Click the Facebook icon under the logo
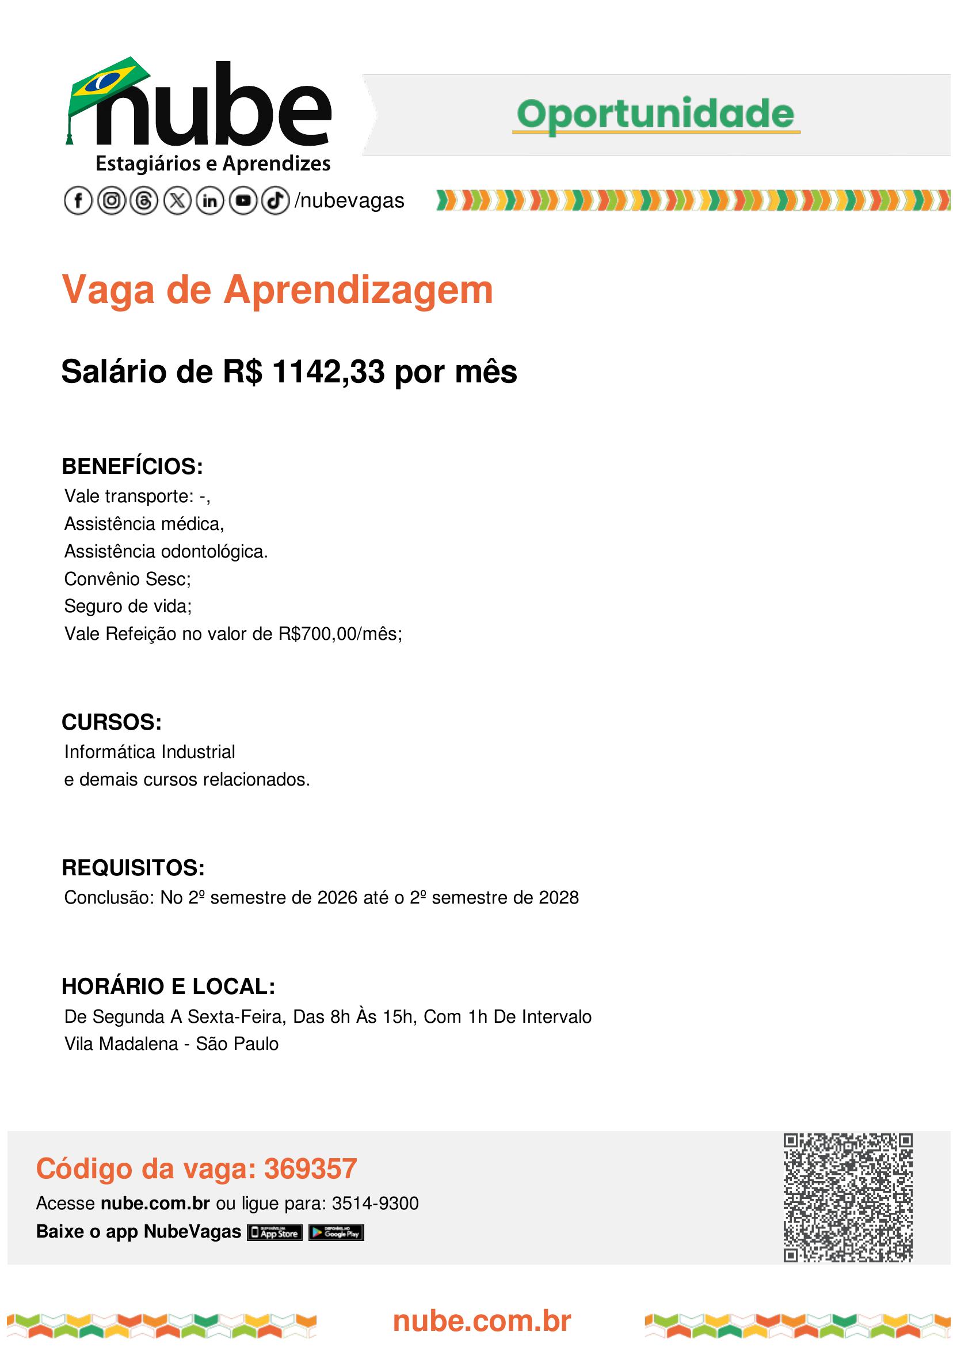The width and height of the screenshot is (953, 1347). click(78, 201)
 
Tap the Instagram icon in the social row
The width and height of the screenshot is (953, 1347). click(111, 201)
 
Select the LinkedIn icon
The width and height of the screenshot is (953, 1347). click(210, 201)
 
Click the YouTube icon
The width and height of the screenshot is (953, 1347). click(243, 201)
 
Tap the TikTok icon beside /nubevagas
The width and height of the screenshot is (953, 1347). click(275, 201)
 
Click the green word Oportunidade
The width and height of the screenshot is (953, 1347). click(655, 114)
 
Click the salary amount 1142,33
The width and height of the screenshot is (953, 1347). click(329, 371)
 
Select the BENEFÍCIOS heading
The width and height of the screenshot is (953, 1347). click(132, 466)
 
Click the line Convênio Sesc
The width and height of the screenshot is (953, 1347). click(127, 579)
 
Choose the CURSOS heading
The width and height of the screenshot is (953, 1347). click(112, 722)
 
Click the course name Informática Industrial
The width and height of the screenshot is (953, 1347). click(150, 752)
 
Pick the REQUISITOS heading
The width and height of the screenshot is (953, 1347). click(133, 868)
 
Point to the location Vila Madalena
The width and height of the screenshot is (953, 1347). click(121, 1044)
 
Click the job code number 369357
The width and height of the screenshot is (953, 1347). click(310, 1168)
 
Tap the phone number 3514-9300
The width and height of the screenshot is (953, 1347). click(376, 1203)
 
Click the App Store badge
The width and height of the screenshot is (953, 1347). click(275, 1232)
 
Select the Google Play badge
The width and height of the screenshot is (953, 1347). click(336, 1232)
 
